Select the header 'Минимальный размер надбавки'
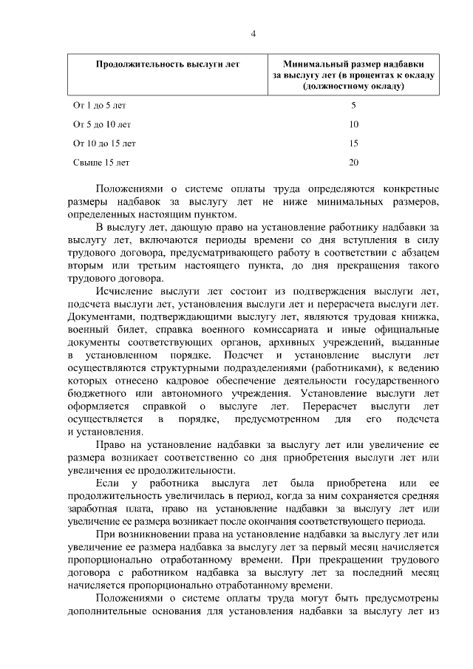click(353, 64)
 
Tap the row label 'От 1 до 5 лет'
click(99, 106)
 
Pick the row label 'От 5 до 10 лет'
click(102, 124)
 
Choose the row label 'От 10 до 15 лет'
click(104, 143)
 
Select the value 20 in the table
click(353, 161)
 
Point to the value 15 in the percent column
click(353, 143)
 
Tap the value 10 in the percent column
click(353, 124)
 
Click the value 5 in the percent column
click(353, 106)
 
